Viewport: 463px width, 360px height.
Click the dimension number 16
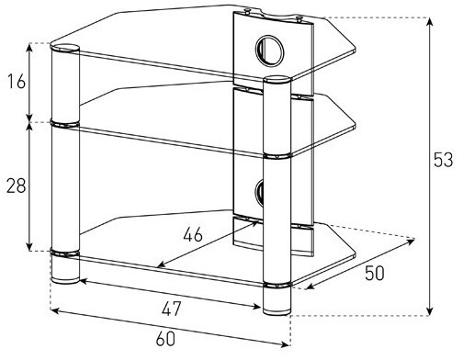tap(17, 82)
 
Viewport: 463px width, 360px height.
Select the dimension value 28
tap(17, 186)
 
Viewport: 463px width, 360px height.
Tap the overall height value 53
tap(443, 160)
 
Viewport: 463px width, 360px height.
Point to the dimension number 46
tap(193, 235)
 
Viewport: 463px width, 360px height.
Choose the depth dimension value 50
tap(375, 274)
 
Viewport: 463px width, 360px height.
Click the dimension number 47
tap(172, 309)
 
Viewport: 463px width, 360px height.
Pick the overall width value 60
tap(165, 339)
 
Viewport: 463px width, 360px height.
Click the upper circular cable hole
tap(270, 51)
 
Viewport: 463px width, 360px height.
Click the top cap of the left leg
tap(65, 49)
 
